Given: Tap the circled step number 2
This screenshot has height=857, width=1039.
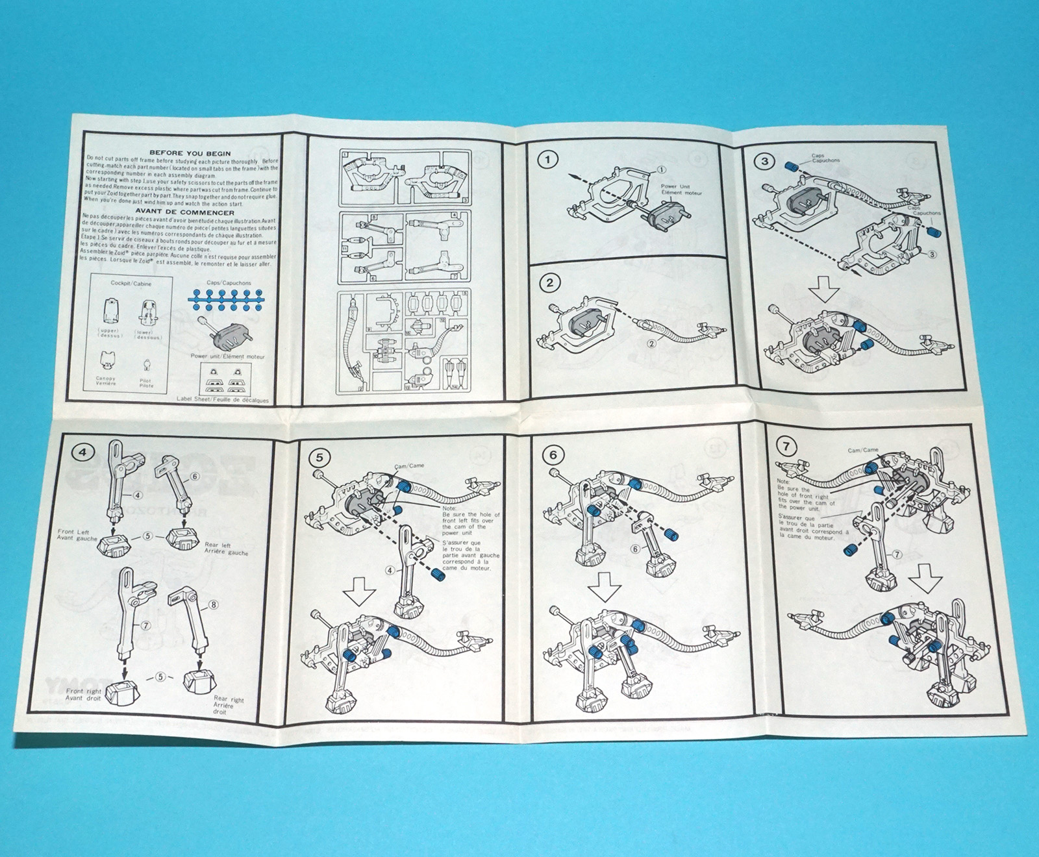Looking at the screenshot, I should [x=550, y=282].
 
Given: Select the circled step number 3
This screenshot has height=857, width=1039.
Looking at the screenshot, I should [x=765, y=161].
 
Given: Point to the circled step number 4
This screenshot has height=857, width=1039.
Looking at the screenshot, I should [x=83, y=452].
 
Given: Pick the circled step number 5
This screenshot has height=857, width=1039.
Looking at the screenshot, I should [x=319, y=458].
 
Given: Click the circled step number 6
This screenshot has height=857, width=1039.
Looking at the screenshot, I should [x=553, y=454].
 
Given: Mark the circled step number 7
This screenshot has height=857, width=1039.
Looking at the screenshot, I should [x=786, y=447].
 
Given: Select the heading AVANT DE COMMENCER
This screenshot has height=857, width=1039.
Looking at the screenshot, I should [x=184, y=212].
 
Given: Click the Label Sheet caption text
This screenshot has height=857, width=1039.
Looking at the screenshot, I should [x=223, y=400].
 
